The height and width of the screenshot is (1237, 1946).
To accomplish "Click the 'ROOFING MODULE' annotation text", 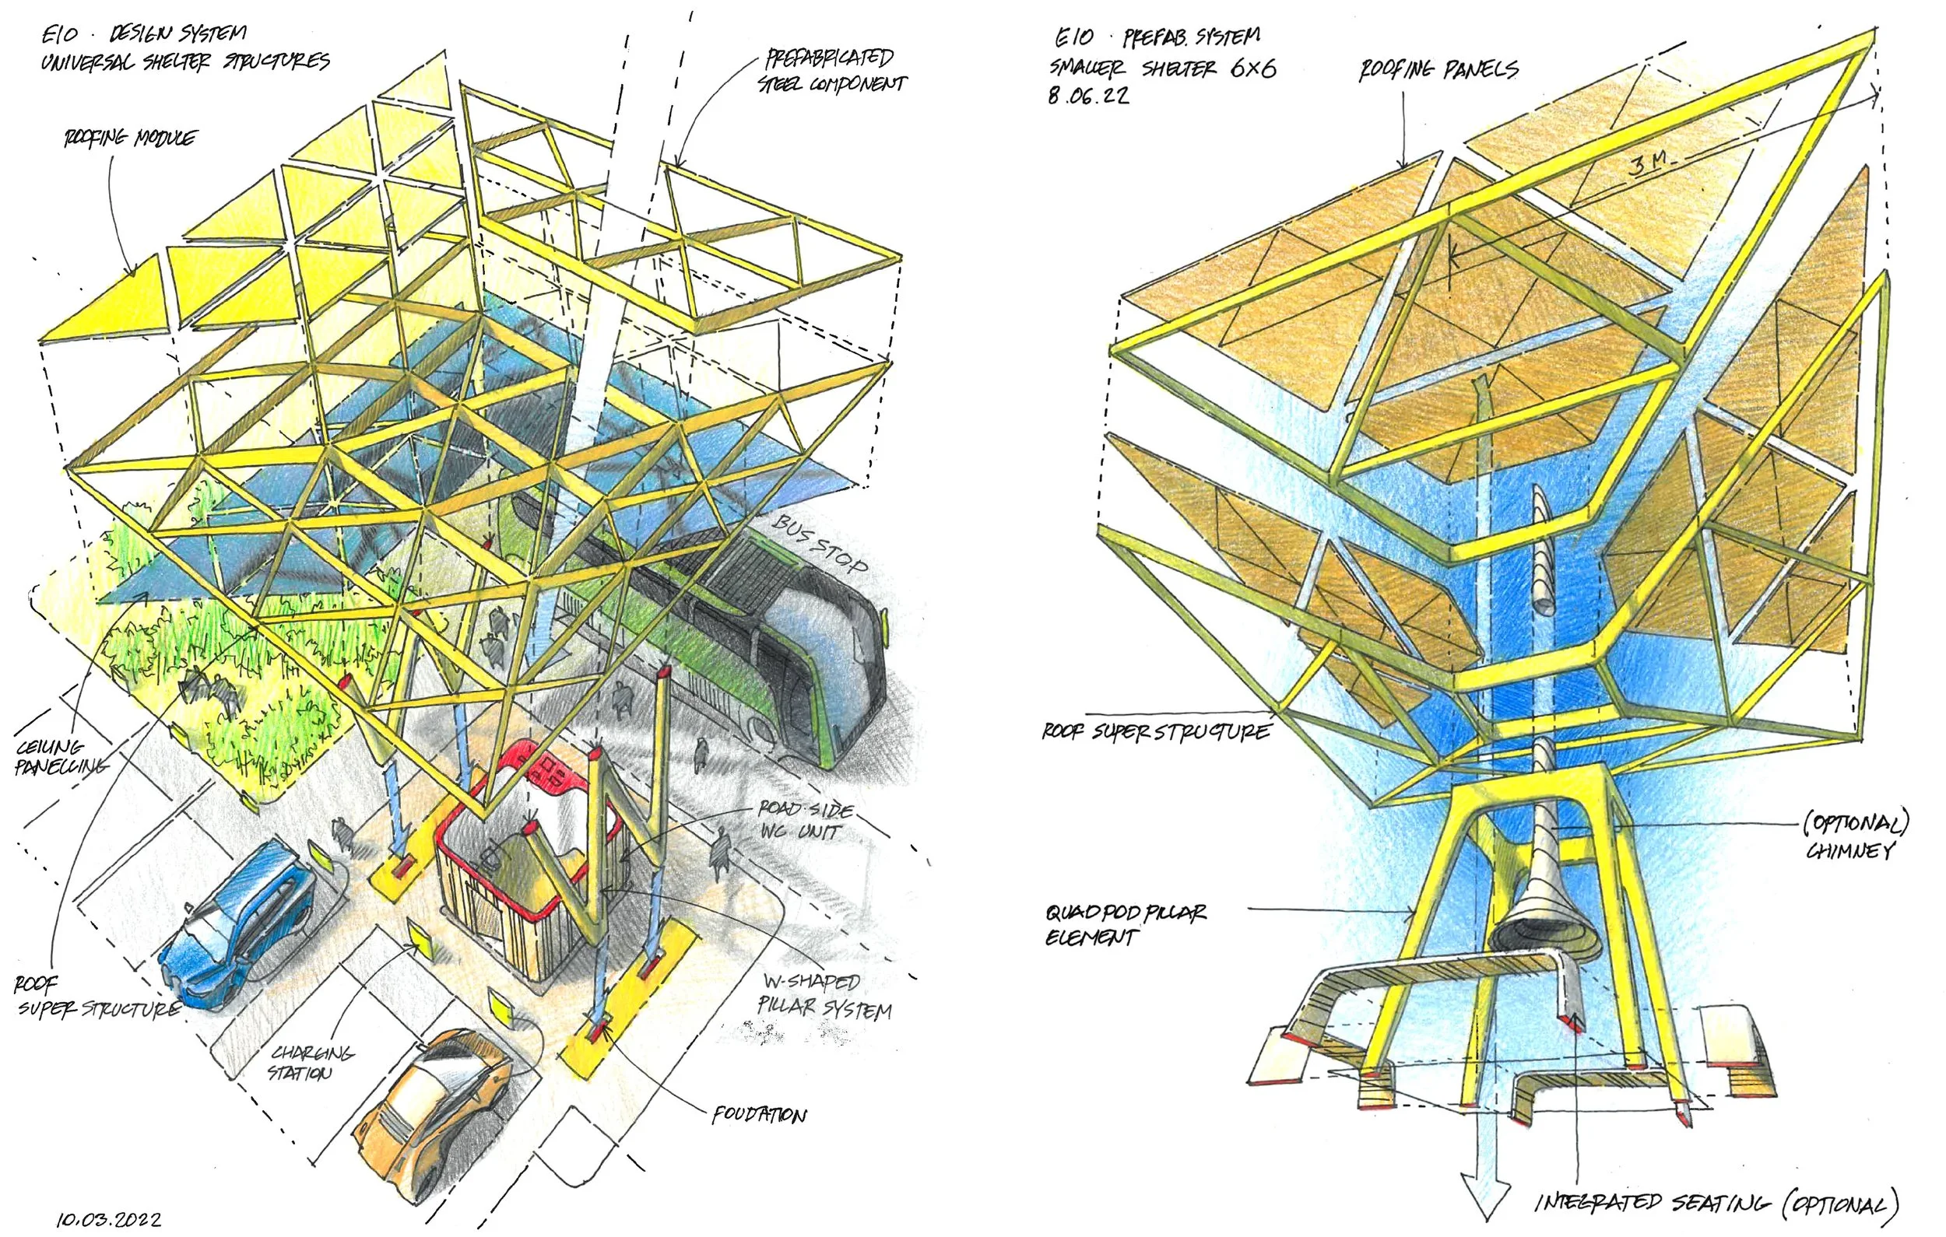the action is (x=129, y=138).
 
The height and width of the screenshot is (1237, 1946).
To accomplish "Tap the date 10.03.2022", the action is (x=108, y=1219).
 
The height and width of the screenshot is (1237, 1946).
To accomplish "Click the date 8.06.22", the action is (x=1088, y=96).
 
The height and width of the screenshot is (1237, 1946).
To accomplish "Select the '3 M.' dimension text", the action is (x=1649, y=166).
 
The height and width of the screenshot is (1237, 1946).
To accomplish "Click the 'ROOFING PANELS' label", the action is (x=1438, y=70).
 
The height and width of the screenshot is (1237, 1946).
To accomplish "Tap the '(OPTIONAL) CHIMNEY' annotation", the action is (x=1856, y=837).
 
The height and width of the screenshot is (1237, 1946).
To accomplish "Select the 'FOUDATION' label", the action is (x=759, y=1116).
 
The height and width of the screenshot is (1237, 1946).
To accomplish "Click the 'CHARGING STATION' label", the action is (x=311, y=1063).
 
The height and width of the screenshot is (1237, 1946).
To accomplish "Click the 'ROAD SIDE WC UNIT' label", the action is (x=804, y=819).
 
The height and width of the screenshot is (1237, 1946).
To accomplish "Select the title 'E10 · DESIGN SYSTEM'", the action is (x=145, y=34).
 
